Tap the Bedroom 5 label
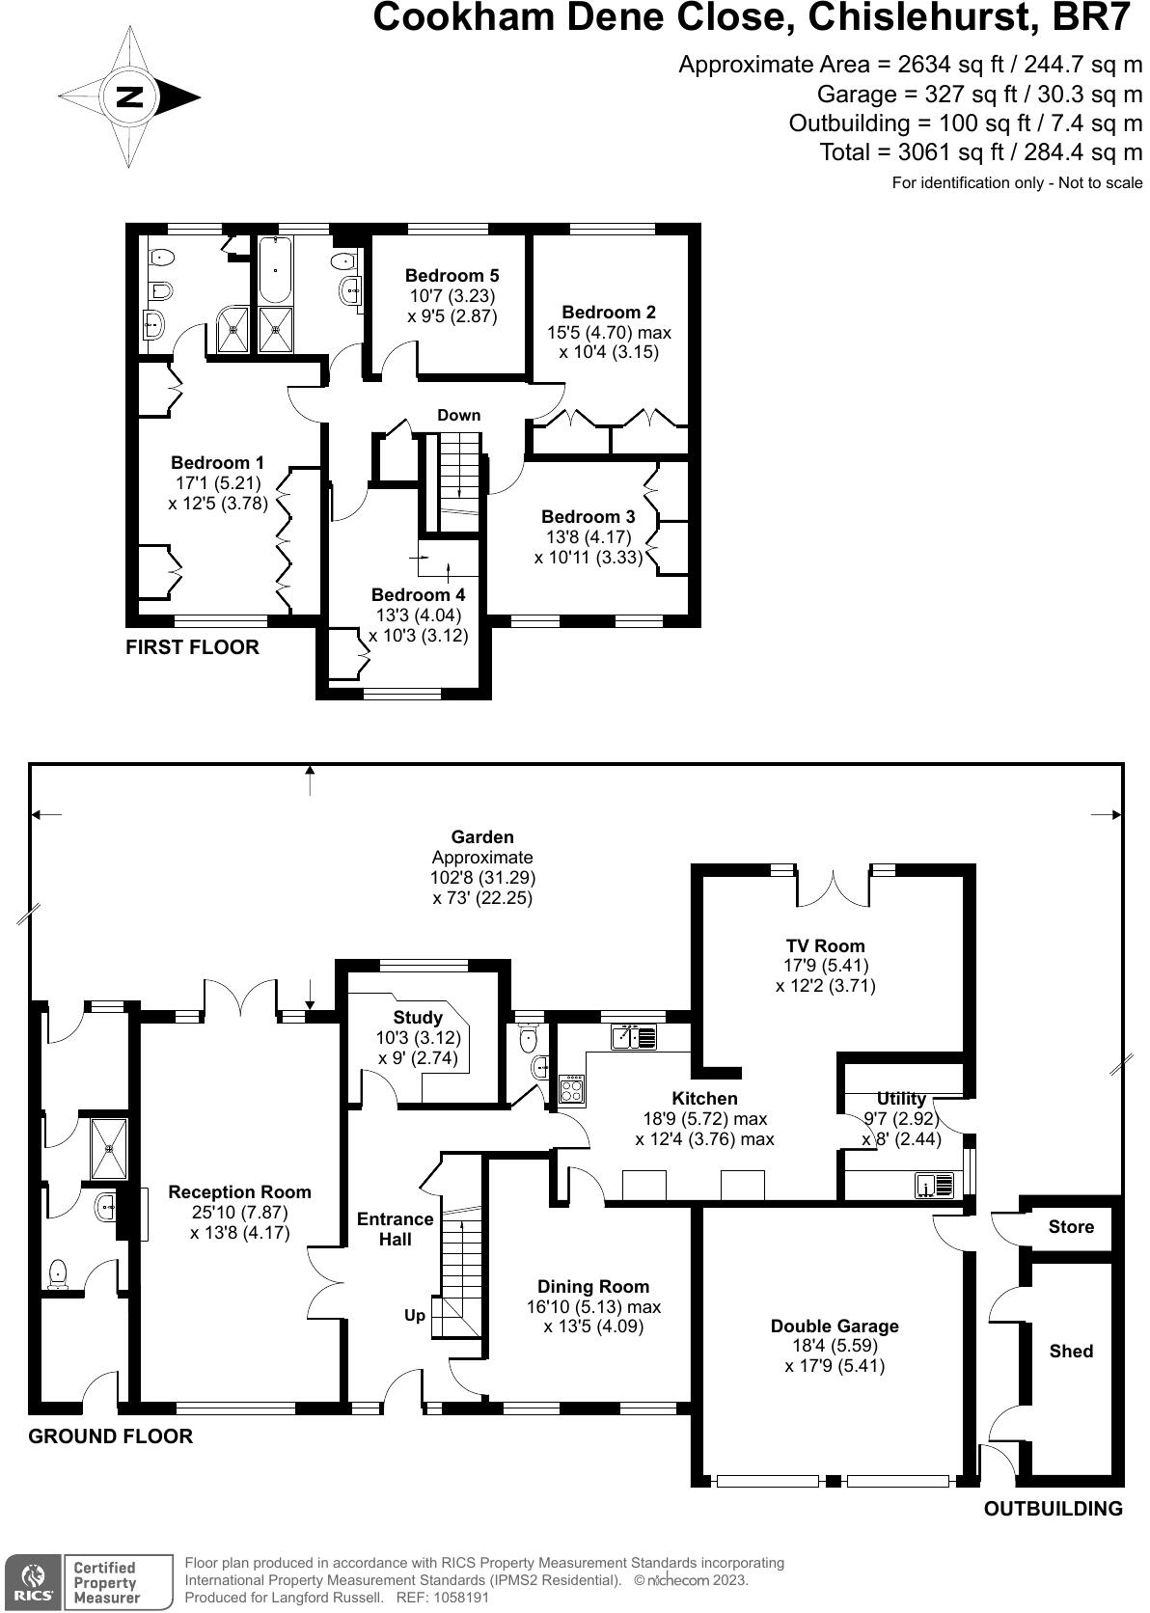(452, 276)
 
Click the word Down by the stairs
(458, 416)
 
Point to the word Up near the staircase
(415, 1315)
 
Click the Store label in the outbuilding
(1071, 1227)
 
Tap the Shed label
(1071, 1352)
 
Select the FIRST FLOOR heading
(192, 647)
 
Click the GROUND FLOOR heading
(110, 1436)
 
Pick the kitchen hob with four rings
(572, 1089)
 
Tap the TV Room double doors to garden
(835, 884)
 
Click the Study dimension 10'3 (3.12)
(418, 1038)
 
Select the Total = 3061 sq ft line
(980, 152)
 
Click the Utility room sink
(934, 1185)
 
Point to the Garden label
(482, 837)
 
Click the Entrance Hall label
(395, 1229)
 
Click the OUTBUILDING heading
(1053, 1509)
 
